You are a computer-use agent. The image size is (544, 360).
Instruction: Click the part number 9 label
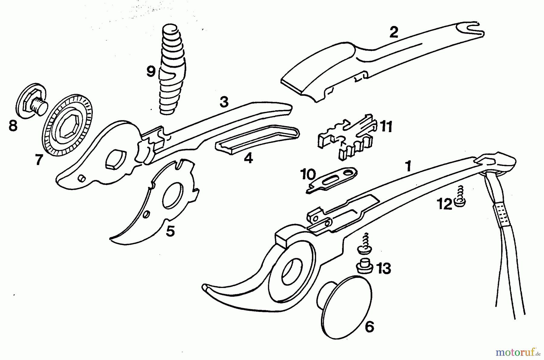(151, 72)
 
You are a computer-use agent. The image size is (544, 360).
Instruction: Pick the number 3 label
(224, 102)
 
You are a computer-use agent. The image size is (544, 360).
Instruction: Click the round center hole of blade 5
(173, 196)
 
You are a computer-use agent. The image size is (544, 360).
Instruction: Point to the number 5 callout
(170, 231)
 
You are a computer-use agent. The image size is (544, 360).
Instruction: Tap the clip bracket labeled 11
(348, 136)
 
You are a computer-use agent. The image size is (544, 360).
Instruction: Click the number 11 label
(386, 126)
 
